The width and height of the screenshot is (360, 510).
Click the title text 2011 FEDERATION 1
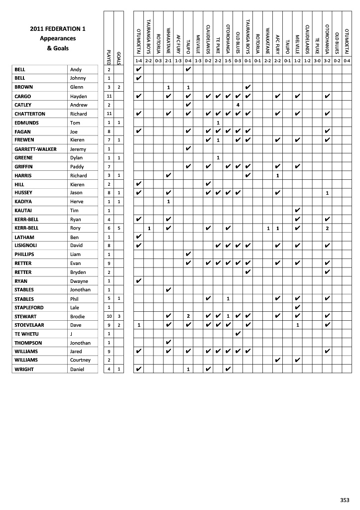click(58, 29)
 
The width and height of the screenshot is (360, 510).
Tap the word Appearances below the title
click(58, 38)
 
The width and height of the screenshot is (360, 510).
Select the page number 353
click(345, 500)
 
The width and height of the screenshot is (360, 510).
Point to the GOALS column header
click(119, 54)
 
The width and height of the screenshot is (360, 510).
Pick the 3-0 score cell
click(317, 60)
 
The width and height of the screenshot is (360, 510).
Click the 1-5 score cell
click(228, 60)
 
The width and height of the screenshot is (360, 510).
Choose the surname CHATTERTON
click(30, 114)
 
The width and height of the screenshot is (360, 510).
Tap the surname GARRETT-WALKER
click(35, 149)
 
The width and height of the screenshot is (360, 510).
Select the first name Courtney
click(81, 360)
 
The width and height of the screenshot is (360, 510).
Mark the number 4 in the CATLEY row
click(238, 105)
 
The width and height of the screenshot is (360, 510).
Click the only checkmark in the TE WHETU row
click(238, 334)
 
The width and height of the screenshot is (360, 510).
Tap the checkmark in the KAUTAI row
click(297, 211)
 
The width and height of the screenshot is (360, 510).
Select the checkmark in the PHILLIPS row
click(188, 255)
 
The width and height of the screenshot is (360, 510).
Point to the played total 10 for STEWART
click(109, 316)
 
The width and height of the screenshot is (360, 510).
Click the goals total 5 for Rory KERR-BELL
click(119, 228)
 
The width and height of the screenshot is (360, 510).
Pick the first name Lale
click(75, 307)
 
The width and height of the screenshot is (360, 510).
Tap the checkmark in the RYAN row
click(139, 281)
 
